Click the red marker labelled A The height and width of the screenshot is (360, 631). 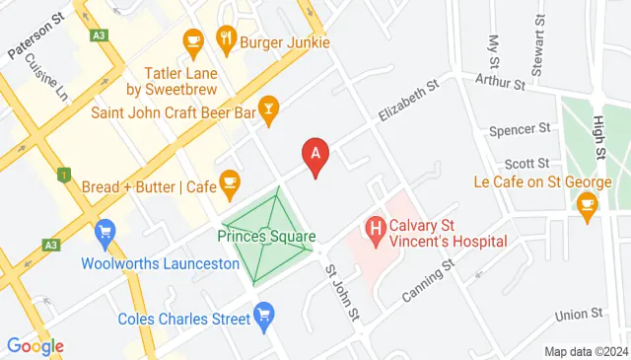315,155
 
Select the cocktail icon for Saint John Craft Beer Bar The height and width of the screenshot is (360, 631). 268,106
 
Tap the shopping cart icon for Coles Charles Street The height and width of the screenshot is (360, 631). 263,316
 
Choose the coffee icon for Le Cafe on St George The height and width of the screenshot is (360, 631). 588,204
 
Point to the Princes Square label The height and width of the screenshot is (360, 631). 266,237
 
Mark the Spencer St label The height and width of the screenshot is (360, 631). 520,129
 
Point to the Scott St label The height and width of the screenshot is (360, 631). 526,163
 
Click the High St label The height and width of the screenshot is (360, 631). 597,136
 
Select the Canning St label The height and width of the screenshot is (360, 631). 426,281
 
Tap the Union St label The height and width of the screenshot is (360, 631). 578,315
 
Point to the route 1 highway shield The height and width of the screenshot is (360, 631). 64,176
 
